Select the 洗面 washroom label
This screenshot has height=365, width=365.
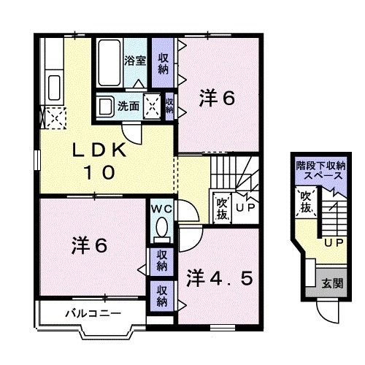coord(130,106)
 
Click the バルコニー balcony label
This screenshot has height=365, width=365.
coord(82,313)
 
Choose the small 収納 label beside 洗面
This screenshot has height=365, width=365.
coord(169,107)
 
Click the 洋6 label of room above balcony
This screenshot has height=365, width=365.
coord(89,245)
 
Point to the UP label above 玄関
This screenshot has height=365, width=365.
coord(333,242)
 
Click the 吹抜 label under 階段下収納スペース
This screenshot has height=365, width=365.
coord(305,203)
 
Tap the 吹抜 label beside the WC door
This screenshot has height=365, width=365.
coord(221,207)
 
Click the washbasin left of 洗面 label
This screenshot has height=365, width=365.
coord(107,106)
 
